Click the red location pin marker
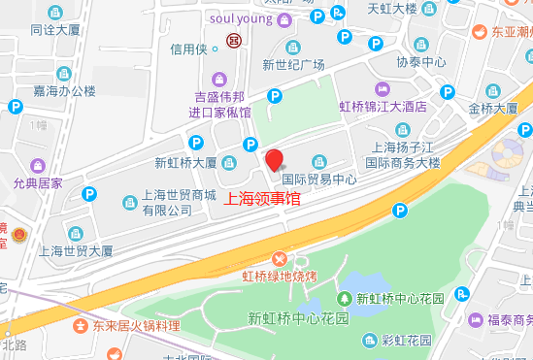pyautogui.click(x=274, y=160)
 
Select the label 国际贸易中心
pyautogui.click(x=320, y=180)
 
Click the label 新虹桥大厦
pyautogui.click(x=185, y=163)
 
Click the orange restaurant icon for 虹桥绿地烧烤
pyautogui.click(x=280, y=258)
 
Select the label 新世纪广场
pyautogui.click(x=292, y=65)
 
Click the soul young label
pyautogui.click(x=241, y=18)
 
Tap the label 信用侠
pyautogui.click(x=189, y=49)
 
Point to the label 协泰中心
pyautogui.click(x=421, y=62)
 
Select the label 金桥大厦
pyautogui.click(x=492, y=109)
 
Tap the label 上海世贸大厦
pyautogui.click(x=76, y=250)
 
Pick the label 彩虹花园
pyautogui.click(x=406, y=340)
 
